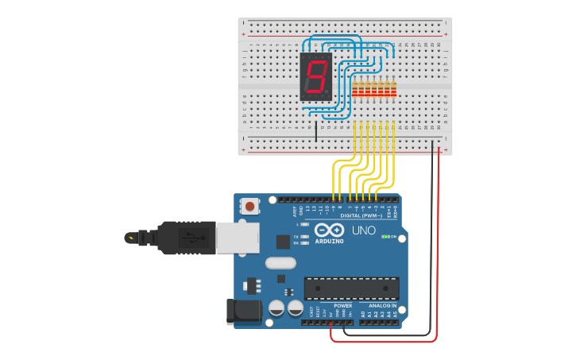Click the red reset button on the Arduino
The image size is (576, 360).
[250, 207]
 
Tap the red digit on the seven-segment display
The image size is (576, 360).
[315, 77]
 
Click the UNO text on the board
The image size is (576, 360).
[364, 230]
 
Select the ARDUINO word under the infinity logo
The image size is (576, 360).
[329, 241]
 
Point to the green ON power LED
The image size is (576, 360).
[385, 236]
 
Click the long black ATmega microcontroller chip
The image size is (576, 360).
[351, 288]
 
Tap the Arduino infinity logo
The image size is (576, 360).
[328, 230]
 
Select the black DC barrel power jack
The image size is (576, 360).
[243, 312]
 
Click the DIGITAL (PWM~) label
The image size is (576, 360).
[361, 215]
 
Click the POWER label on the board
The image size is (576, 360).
[342, 306]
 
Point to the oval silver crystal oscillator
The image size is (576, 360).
[280, 263]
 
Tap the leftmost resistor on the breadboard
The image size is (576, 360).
[354, 88]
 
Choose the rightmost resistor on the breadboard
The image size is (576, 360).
[393, 88]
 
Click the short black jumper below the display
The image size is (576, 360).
[315, 131]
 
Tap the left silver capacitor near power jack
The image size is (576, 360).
[277, 308]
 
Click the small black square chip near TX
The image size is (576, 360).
[283, 242]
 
